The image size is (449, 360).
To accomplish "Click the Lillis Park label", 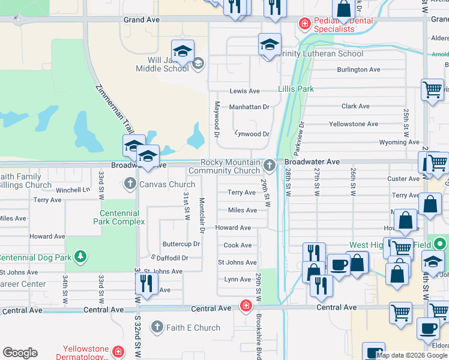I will [296, 89].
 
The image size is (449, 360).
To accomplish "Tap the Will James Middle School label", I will [169, 64].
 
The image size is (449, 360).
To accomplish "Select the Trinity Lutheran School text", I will [321, 53].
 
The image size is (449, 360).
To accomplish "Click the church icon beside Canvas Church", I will [128, 184].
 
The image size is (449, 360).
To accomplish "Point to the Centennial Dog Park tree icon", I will [80, 257].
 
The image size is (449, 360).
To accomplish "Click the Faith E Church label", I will [193, 328].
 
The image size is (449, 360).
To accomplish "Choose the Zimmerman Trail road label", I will [115, 111].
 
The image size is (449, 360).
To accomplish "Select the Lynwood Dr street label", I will [252, 134].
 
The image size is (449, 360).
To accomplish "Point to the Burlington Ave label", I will [358, 70].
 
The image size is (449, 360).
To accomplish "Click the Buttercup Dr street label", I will [181, 244].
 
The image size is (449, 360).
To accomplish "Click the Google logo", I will [20, 353].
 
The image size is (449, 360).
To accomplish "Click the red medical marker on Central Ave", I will [246, 306].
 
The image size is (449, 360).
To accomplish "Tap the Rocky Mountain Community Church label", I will [231, 167].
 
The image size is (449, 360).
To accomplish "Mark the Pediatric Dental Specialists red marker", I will [305, 25].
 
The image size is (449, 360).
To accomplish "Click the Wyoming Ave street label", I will [399, 142].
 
